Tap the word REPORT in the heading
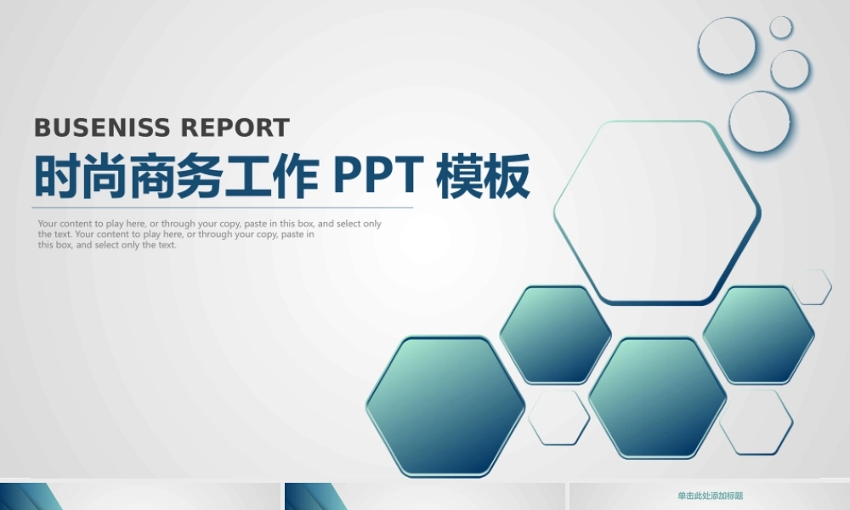click(236, 128)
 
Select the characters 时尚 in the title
click(71, 176)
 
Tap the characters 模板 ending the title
click(483, 176)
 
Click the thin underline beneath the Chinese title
click(223, 207)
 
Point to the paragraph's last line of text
click(107, 245)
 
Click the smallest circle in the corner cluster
click(781, 27)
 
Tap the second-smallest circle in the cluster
click(790, 69)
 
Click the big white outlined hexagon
click(657, 212)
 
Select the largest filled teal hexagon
click(445, 405)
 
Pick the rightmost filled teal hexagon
click(758, 334)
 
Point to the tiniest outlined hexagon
click(812, 286)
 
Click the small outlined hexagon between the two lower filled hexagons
click(558, 417)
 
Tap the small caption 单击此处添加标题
click(710, 496)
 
